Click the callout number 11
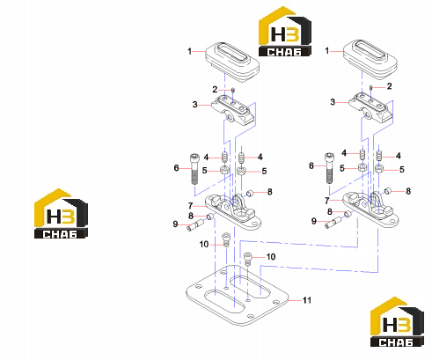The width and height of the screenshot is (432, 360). pyautogui.click(x=307, y=300)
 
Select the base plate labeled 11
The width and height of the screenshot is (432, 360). pyautogui.click(x=238, y=295)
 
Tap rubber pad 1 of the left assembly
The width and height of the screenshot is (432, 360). pyautogui.click(x=232, y=62)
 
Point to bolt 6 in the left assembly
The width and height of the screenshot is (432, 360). pyautogui.click(x=194, y=169)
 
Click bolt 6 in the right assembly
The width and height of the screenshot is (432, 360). pyautogui.click(x=329, y=168)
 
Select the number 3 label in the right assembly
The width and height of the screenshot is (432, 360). pyautogui.click(x=333, y=102)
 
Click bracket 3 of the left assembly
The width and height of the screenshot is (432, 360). pyautogui.click(x=233, y=110)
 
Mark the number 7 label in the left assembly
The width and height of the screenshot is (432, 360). pyautogui.click(x=191, y=206)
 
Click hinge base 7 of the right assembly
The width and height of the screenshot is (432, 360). pyautogui.click(x=370, y=209)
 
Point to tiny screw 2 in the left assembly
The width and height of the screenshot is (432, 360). pyautogui.click(x=233, y=90)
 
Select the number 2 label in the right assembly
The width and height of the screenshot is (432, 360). pyautogui.click(x=389, y=86)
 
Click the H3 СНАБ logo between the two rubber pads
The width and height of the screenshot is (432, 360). pyautogui.click(x=284, y=32)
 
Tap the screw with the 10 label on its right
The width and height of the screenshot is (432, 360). pyautogui.click(x=248, y=259)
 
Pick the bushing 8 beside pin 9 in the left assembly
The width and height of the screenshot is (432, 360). pyautogui.click(x=210, y=217)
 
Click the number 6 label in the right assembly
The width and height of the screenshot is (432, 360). pyautogui.click(x=311, y=165)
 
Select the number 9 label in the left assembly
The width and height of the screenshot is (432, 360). pyautogui.click(x=175, y=224)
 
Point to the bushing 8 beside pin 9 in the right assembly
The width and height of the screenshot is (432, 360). pyautogui.click(x=348, y=214)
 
